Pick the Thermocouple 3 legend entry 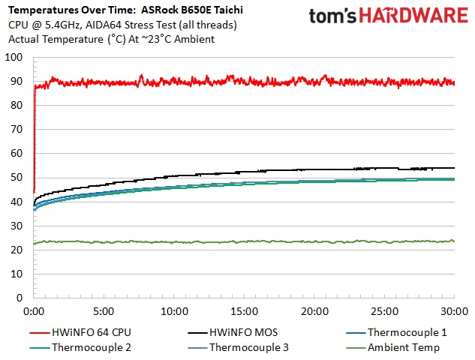coord(248,347)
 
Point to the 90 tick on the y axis coord(14,82)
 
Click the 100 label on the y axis coord(12,58)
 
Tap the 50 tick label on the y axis coord(14,178)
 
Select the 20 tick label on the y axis coord(14,250)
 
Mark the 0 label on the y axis coord(17,298)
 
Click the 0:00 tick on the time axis coord(34,310)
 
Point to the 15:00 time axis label coord(245,310)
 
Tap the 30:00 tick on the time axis coord(455,310)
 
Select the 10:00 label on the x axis coord(174,310)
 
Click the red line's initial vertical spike coord(35,135)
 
